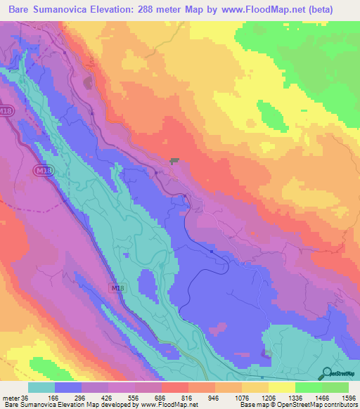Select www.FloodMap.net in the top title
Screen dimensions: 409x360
(265, 10)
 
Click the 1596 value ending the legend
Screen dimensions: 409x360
(349, 398)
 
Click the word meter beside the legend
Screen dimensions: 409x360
(11, 398)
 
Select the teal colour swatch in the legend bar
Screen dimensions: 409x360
(41, 387)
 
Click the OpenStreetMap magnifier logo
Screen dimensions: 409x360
(326, 372)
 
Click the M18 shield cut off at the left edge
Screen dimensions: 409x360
(5, 112)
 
